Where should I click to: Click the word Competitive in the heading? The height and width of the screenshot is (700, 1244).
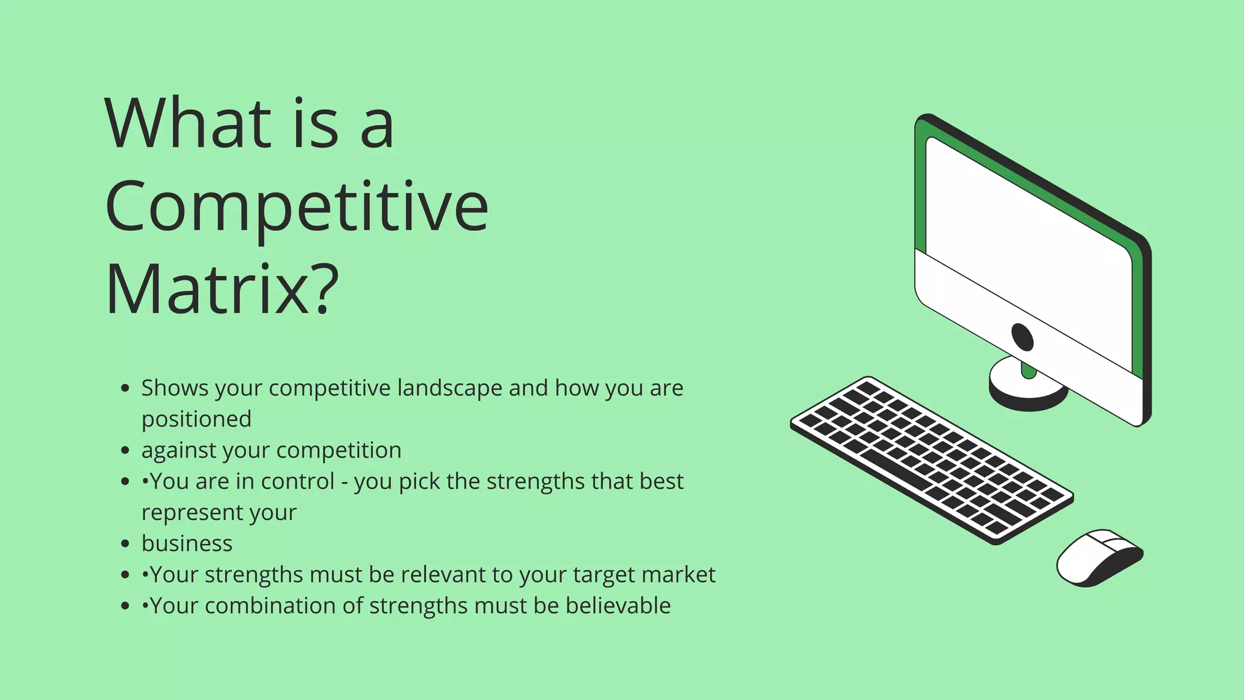point(296,207)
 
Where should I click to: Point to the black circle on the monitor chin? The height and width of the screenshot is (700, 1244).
point(1022,337)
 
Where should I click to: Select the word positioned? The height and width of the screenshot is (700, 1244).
point(196,419)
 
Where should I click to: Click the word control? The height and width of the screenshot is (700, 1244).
point(298,481)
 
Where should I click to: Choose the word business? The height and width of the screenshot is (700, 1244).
point(187,543)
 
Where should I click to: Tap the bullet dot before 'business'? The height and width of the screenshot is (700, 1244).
point(125,544)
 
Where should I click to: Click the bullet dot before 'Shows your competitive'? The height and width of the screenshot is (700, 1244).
point(125,388)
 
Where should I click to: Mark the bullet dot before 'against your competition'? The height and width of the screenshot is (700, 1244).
point(125,451)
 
